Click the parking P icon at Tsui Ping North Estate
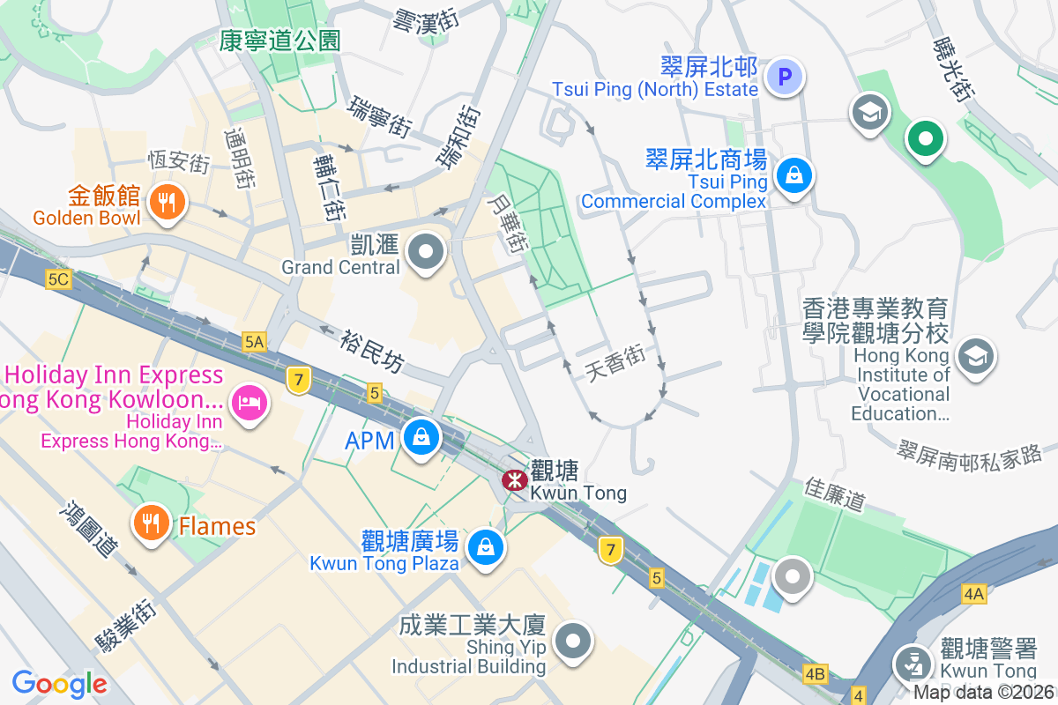tap(784, 77)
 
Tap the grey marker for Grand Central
tap(427, 252)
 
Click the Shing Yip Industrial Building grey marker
tap(574, 641)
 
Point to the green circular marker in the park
tap(925, 138)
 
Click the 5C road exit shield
tap(58, 279)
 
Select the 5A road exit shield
tap(255, 341)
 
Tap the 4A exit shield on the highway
tap(973, 594)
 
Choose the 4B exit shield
tap(816, 674)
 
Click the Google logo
tap(59, 683)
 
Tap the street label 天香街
tap(615, 362)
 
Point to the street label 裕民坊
tap(371, 350)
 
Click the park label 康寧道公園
tap(280, 40)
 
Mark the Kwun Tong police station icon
tap(913, 664)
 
